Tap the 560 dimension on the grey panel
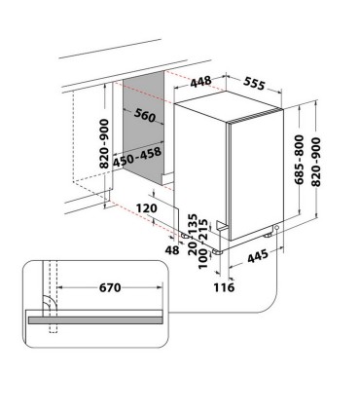145,115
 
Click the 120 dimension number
148,207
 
